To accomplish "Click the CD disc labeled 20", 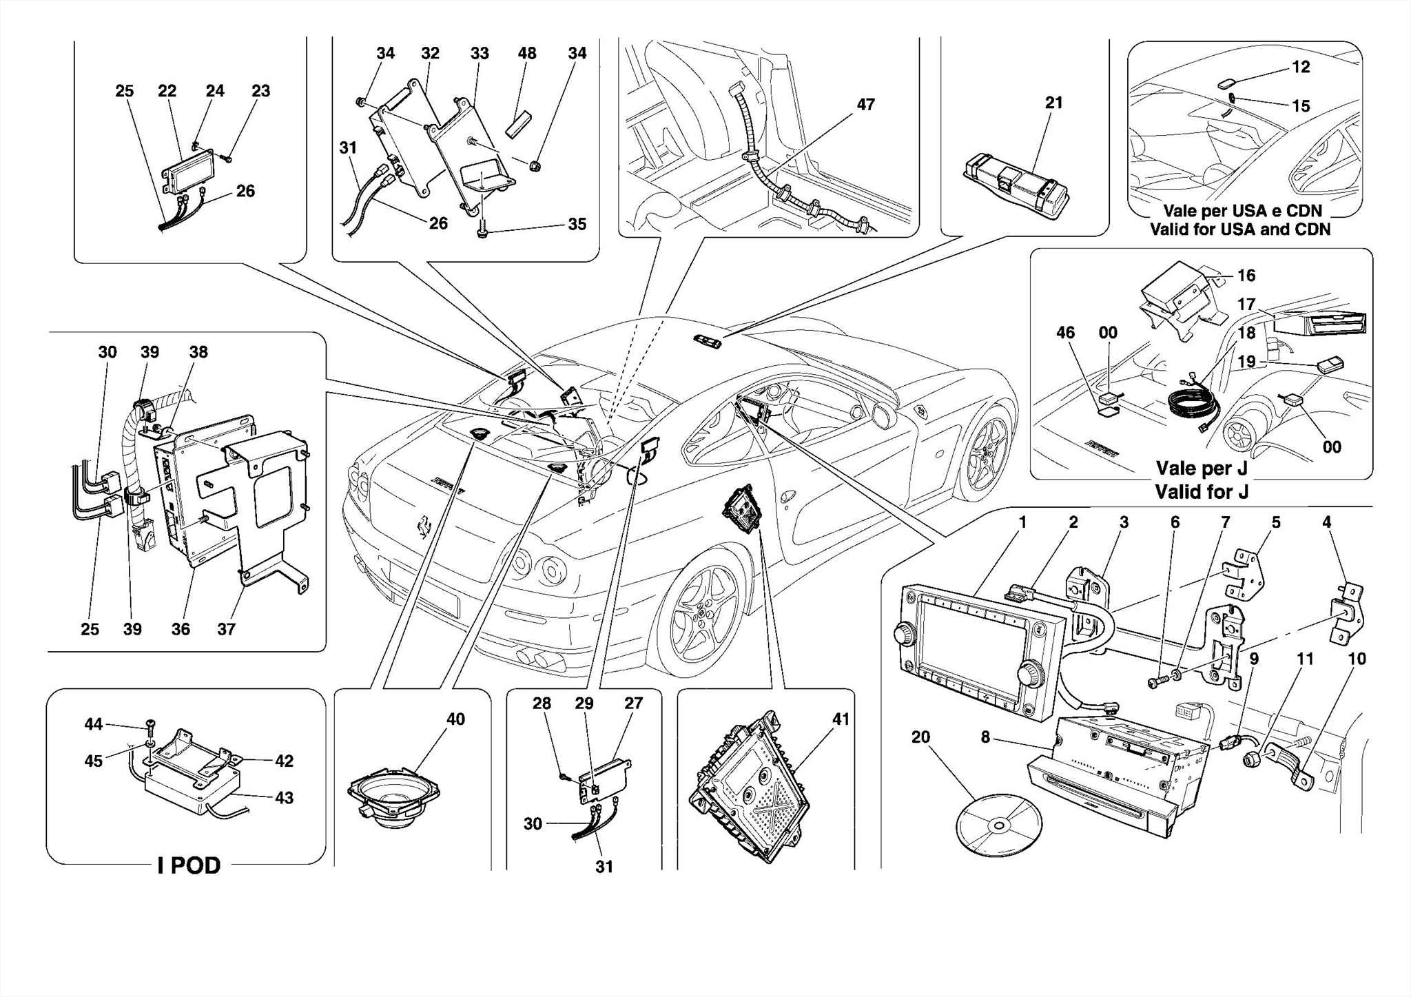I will tap(998, 824).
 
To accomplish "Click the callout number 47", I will tap(865, 104).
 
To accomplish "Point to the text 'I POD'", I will tap(189, 865).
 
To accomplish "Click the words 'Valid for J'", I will tap(1202, 492).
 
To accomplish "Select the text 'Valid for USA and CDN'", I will tap(1240, 229).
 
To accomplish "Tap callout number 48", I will tap(527, 53).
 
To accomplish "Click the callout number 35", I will tap(577, 224).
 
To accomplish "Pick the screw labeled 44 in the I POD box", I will tap(151, 723).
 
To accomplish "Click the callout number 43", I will tap(284, 797).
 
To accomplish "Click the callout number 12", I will tap(1301, 67).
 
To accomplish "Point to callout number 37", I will tap(226, 628).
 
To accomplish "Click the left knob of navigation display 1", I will tap(905, 633).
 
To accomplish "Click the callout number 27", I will tap(633, 703).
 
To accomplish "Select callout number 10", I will tap(1357, 659).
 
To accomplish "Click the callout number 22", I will tap(167, 91).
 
